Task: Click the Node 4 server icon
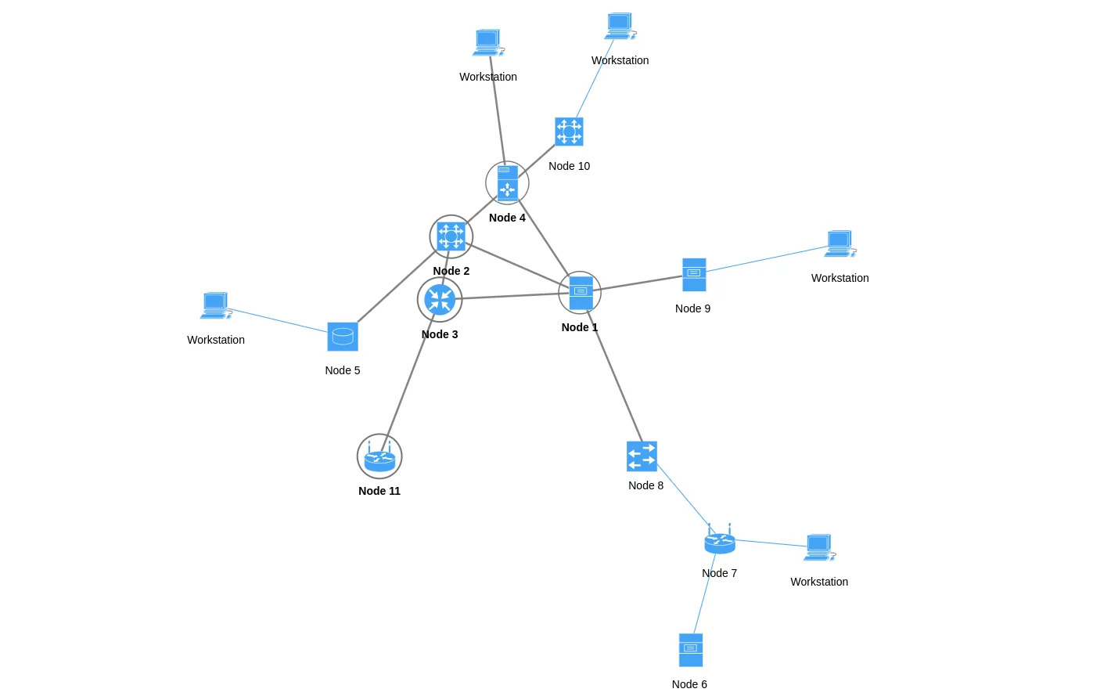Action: (507, 183)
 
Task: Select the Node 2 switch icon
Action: (451, 236)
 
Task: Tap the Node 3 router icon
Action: (440, 300)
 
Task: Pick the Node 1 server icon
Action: (581, 293)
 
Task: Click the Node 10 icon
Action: (569, 132)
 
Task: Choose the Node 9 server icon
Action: (694, 275)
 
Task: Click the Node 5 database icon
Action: (343, 337)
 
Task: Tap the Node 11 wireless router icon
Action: (379, 457)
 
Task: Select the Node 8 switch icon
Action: (642, 456)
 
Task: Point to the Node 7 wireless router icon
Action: (720, 540)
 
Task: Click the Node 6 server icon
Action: (691, 650)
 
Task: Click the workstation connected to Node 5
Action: (216, 305)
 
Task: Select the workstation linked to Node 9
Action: (840, 243)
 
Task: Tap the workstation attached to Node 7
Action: (819, 547)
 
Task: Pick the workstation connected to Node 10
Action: (620, 26)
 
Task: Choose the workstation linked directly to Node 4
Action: (488, 42)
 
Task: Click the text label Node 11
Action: (379, 491)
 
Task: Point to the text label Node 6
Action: (689, 684)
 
